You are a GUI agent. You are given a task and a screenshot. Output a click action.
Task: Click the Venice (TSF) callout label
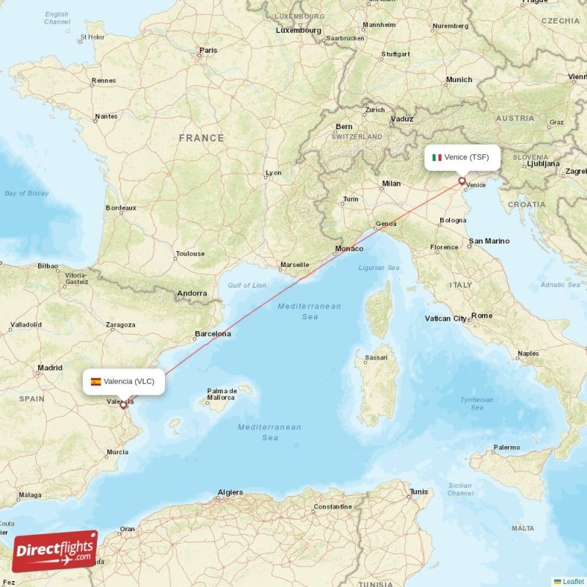tap(462, 157)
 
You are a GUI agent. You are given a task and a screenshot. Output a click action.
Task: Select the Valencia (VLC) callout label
tap(123, 381)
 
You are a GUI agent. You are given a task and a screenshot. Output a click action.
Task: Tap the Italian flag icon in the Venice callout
tap(437, 157)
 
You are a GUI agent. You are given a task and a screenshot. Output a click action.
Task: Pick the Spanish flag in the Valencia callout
tap(96, 382)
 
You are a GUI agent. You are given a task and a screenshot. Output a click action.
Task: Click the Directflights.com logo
tap(55, 550)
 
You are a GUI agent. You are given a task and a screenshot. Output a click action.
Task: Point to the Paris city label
tap(208, 51)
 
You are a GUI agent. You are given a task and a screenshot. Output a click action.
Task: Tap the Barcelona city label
tap(213, 335)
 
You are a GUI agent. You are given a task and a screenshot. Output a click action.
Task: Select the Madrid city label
tap(50, 368)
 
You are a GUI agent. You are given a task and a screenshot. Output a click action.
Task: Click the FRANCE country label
tap(201, 138)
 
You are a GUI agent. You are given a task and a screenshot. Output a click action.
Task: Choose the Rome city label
tap(482, 316)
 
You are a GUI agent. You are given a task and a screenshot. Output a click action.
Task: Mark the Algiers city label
tap(230, 493)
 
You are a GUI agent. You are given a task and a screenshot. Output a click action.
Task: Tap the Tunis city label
tap(419, 492)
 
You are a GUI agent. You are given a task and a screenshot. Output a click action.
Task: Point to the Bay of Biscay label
tap(26, 194)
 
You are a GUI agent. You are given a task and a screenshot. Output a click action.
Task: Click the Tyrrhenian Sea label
tap(477, 403)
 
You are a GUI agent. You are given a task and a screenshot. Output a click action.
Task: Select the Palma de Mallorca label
tap(221, 394)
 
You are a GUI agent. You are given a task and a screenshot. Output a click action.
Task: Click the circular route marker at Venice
tap(462, 181)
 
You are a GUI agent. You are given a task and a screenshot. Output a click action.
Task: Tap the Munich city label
tap(459, 80)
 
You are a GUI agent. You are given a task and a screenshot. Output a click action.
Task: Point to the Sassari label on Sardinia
tap(376, 358)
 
